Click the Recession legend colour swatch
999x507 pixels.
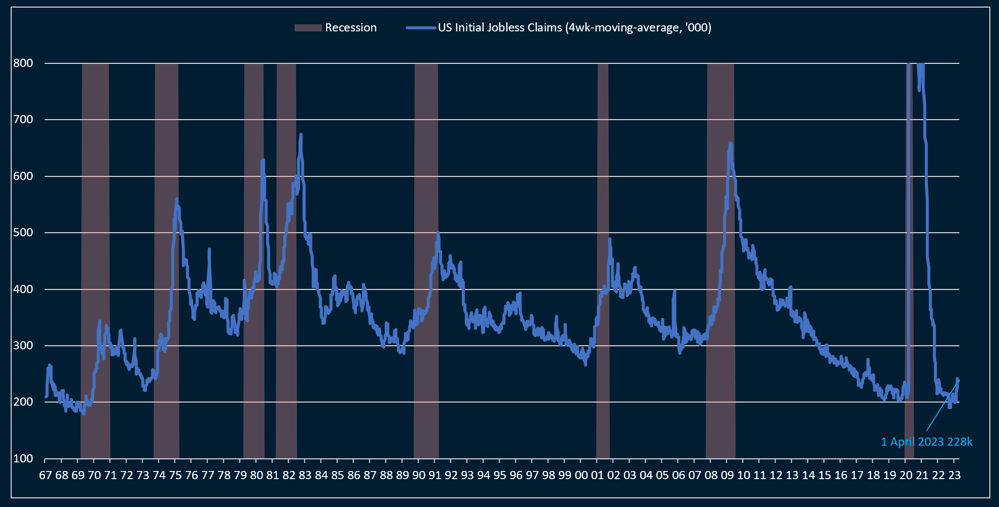(x=308, y=28)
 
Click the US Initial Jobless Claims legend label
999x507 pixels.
(x=574, y=28)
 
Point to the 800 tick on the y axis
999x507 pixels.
(x=23, y=63)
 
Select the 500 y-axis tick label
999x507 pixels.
(x=23, y=233)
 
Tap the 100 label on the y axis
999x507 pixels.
(x=23, y=459)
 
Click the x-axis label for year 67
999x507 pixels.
(x=45, y=476)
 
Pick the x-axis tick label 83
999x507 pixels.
(x=305, y=476)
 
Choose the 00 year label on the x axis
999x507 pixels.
(x=581, y=476)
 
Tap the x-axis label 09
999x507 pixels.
(x=727, y=476)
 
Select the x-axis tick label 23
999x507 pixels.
(x=954, y=476)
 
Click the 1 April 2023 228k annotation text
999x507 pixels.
(x=926, y=442)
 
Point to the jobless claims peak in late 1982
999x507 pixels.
(x=301, y=134)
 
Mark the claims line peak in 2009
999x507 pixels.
(x=730, y=143)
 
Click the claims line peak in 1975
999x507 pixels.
(x=176, y=199)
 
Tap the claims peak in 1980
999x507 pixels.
(x=263, y=160)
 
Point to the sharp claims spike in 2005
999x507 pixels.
(x=674, y=291)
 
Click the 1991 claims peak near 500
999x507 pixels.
(x=438, y=233)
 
